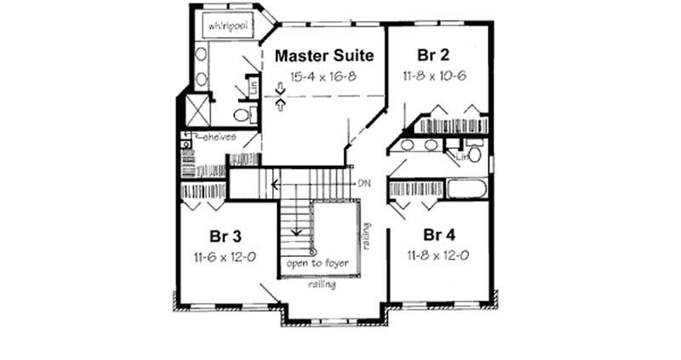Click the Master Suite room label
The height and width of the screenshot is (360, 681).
click(x=324, y=57)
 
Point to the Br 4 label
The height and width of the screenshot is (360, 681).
click(x=438, y=235)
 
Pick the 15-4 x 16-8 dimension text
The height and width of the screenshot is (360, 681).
click(x=324, y=77)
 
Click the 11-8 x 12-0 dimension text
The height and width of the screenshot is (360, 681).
click(x=438, y=254)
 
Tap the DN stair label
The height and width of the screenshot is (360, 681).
click(x=364, y=183)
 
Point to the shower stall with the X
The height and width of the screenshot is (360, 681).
click(x=197, y=110)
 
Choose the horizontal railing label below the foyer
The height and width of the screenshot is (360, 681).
click(x=321, y=285)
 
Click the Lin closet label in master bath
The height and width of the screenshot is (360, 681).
click(x=254, y=86)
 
